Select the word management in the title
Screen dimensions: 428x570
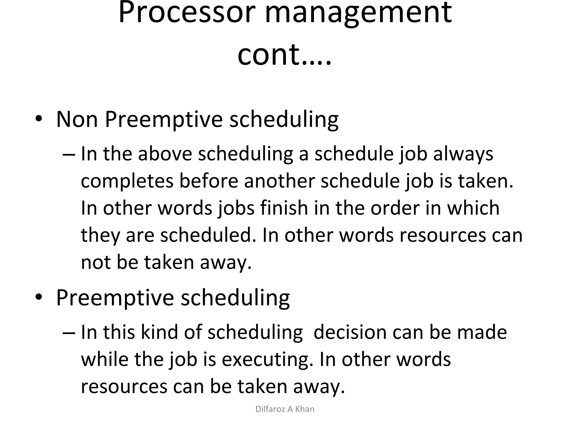358,14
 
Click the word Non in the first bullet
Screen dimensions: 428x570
77,119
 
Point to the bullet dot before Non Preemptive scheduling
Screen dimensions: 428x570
39,119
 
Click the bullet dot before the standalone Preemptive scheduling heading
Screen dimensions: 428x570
39,298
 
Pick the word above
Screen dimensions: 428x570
165,154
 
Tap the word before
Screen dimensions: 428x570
208,181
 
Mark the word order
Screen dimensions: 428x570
395,208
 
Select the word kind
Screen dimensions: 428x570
159,332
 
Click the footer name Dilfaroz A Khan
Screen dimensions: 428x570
285,409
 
